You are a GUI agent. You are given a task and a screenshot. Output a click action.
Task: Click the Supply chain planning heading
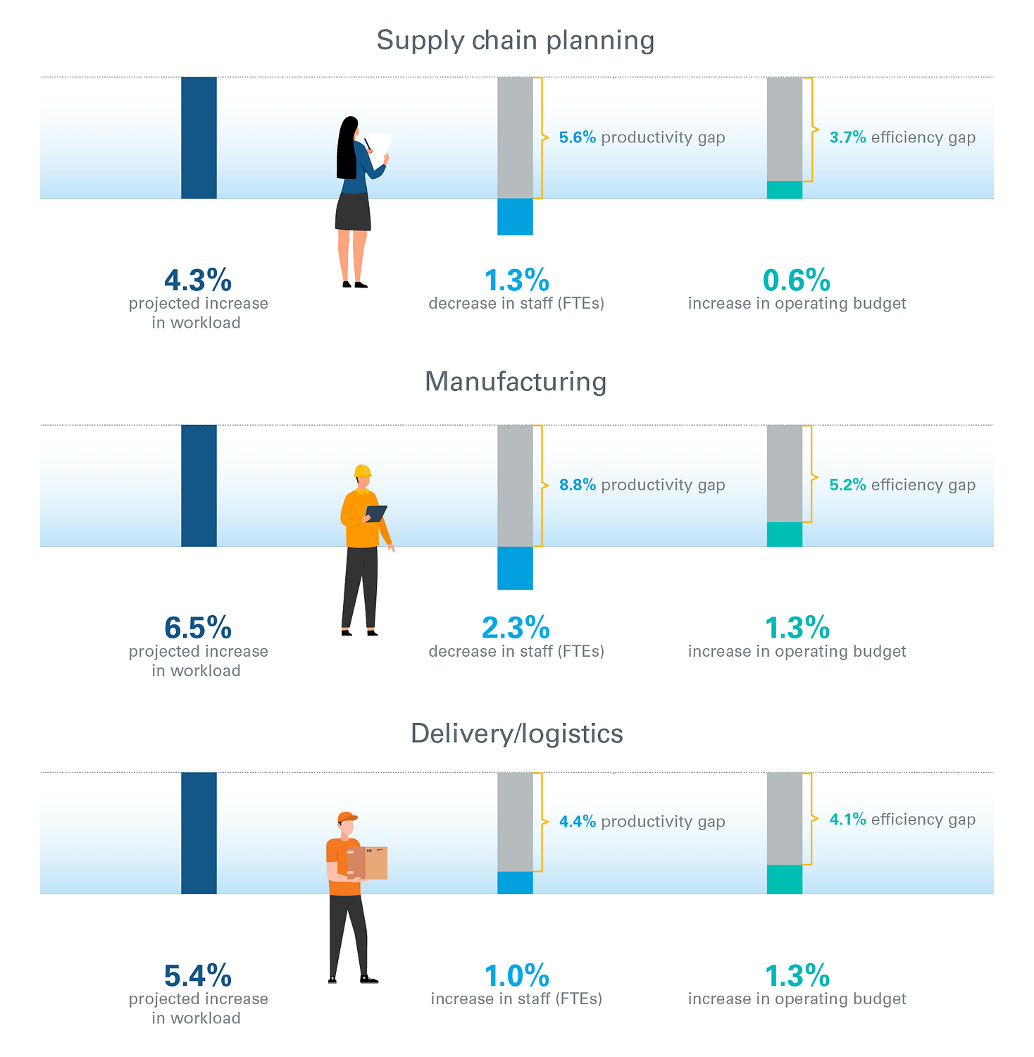[516, 40]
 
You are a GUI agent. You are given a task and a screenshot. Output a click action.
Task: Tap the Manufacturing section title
[516, 381]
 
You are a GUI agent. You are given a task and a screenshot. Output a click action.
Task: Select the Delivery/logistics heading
[516, 734]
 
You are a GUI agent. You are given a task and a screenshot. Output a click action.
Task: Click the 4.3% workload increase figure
[197, 280]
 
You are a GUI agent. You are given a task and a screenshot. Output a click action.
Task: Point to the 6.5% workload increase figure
[197, 628]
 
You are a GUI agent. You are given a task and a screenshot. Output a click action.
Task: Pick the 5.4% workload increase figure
[197, 976]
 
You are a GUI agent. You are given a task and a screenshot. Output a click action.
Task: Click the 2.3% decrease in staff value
[516, 628]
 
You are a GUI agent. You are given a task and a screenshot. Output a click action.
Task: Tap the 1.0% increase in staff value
[516, 976]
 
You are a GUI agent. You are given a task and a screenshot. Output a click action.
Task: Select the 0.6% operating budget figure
[797, 280]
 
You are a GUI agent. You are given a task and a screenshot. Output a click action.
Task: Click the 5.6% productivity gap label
[642, 137]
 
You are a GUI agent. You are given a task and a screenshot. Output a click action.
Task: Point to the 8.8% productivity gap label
[642, 485]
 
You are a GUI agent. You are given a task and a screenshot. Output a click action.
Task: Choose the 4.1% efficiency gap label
[902, 820]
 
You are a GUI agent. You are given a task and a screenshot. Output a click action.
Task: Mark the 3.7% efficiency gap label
[902, 137]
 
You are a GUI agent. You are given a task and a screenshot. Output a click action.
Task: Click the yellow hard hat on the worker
[362, 471]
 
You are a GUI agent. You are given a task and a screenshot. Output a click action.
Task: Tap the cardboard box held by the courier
[368, 863]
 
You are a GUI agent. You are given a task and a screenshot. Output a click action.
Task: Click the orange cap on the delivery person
[347, 817]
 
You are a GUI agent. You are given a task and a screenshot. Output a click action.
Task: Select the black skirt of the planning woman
[353, 211]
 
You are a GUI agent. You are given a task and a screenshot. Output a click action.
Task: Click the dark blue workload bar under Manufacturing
[199, 486]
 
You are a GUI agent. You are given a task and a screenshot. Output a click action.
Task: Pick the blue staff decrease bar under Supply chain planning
[515, 216]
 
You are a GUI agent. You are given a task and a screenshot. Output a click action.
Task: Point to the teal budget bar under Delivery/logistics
[784, 879]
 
